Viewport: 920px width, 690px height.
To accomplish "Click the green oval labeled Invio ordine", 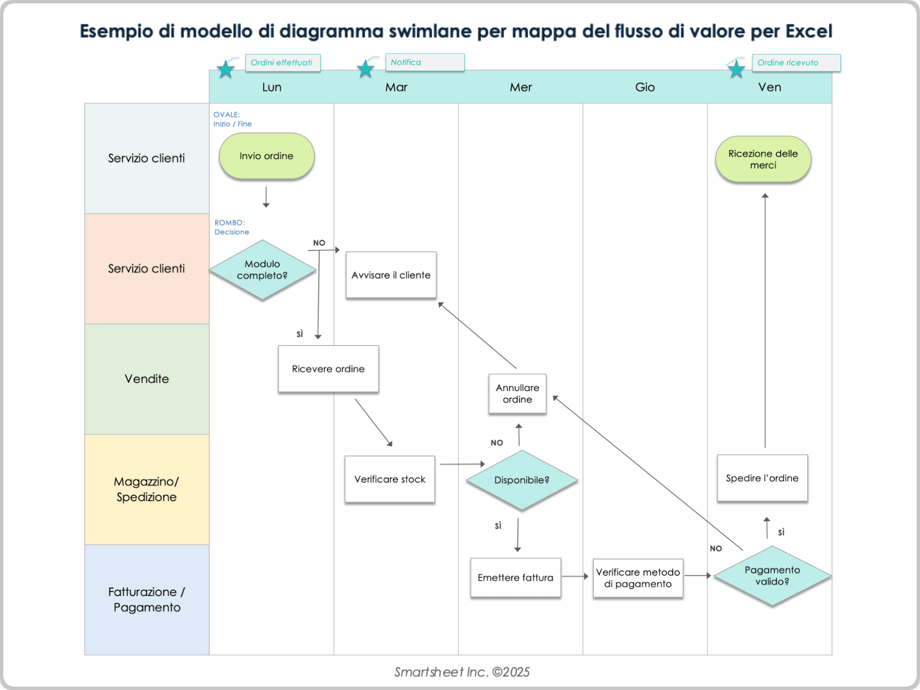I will [x=266, y=156].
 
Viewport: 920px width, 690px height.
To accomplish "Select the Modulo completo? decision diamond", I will [x=262, y=270].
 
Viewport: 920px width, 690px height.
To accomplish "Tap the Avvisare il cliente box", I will [x=391, y=275].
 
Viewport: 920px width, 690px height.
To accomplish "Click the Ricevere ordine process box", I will [x=328, y=369].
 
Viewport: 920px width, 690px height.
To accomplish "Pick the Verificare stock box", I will [x=390, y=479].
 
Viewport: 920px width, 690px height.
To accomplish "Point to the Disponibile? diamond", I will [x=522, y=480].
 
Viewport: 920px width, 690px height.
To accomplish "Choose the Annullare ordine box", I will [x=517, y=393].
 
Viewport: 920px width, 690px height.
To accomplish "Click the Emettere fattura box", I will [x=515, y=578].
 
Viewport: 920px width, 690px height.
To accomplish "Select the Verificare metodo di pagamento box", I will [x=638, y=578].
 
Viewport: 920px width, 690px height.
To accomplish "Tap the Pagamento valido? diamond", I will [x=772, y=576].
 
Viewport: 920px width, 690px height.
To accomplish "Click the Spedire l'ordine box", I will [x=762, y=478].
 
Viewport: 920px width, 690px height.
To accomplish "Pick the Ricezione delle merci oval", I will [x=763, y=160].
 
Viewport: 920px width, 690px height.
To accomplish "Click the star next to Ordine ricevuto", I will [x=736, y=70].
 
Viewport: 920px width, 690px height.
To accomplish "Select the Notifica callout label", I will [x=425, y=62].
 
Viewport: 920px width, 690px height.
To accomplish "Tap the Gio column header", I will [x=644, y=87].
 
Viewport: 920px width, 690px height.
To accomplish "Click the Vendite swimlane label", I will [x=147, y=379].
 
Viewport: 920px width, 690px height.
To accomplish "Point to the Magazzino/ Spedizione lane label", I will [x=147, y=489].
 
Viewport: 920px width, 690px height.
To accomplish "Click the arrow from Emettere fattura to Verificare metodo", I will [x=575, y=576].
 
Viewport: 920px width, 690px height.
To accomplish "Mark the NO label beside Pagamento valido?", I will [x=715, y=549].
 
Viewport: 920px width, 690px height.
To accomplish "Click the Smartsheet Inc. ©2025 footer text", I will [x=461, y=672].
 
